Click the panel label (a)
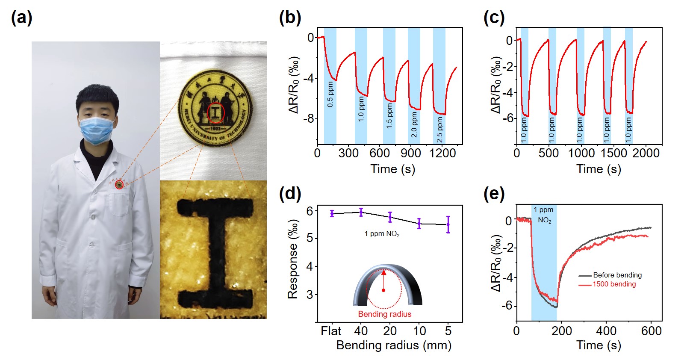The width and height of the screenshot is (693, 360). pos(21,18)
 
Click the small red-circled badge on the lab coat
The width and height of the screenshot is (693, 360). pos(119,185)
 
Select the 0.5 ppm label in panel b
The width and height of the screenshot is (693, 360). pos(330,94)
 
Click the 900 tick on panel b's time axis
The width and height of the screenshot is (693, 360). pos(411,153)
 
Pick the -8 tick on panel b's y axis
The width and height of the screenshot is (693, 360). pos(309,118)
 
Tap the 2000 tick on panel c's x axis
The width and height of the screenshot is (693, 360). pos(646,153)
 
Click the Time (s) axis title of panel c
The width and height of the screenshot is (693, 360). pos(599,169)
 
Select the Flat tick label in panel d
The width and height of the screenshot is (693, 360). pos(331,331)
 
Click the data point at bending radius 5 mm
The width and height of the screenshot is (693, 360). pos(448,224)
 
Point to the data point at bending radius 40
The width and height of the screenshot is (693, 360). pos(361,212)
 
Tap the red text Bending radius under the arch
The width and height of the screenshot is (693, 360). pos(384,314)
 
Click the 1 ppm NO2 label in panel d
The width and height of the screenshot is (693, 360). pos(382,234)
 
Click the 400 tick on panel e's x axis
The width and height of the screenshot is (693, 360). pos(606,331)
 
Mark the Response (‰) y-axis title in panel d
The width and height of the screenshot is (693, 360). pos(293,259)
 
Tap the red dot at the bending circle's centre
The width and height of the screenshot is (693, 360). pos(383,290)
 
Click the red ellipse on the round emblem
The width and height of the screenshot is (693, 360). pos(216,112)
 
